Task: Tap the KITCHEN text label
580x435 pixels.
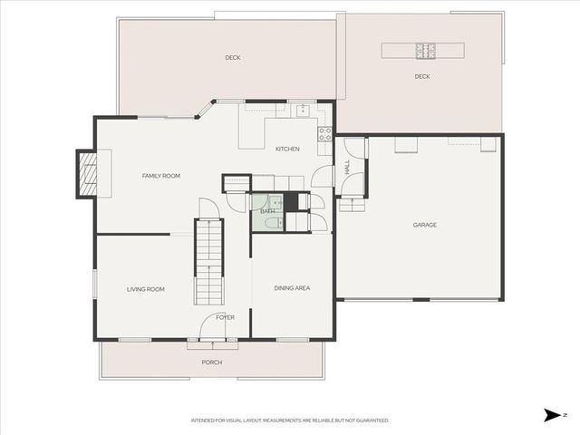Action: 288,149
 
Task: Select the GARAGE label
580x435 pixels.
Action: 425,225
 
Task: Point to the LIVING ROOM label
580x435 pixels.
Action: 145,289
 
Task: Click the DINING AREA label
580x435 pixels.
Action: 292,288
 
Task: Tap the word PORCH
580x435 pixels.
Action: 212,362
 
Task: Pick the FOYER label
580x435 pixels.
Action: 225,317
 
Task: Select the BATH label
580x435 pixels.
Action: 267,211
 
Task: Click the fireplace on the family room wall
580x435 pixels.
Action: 88,173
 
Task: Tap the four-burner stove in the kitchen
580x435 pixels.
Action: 324,134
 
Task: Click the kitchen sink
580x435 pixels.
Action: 303,111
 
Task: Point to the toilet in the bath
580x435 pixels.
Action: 274,202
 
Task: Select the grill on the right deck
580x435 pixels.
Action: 425,50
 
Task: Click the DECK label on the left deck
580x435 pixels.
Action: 233,57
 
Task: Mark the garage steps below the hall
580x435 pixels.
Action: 352,205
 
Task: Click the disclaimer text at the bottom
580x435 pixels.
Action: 290,420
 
